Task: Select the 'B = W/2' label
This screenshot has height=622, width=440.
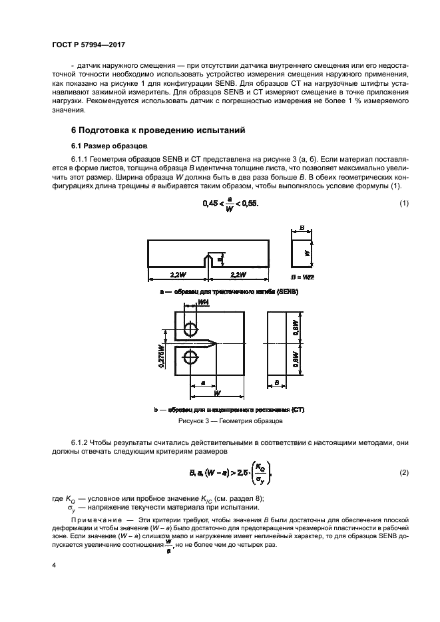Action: [304, 275]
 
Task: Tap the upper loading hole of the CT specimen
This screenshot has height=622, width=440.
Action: [191, 330]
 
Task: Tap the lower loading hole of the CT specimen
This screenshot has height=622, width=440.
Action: [191, 357]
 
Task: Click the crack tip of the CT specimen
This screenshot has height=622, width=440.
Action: [216, 343]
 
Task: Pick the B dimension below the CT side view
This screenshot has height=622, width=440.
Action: [275, 384]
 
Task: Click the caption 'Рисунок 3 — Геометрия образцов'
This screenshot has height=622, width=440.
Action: [230, 422]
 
